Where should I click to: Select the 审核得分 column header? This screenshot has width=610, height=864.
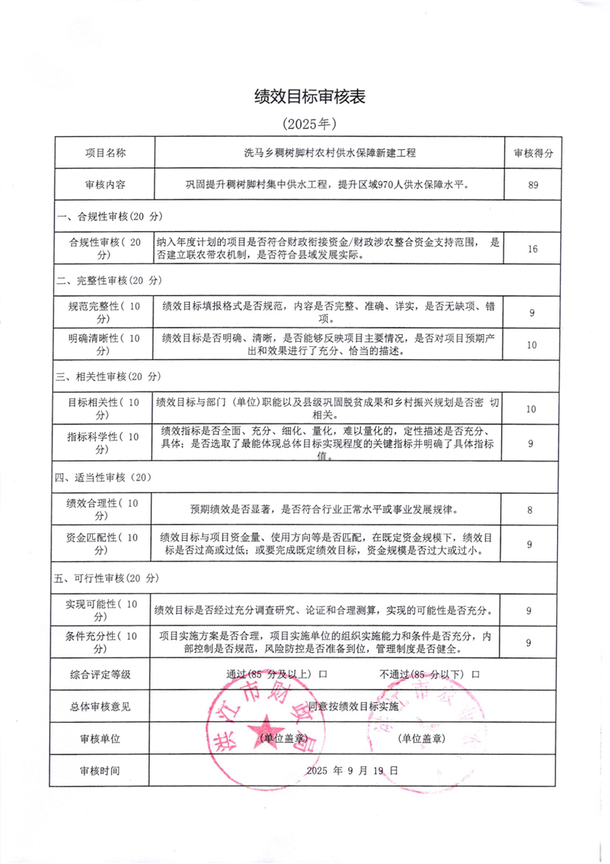click(532, 153)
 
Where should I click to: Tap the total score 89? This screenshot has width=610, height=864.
click(532, 184)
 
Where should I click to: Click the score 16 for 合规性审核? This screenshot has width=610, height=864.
click(532, 249)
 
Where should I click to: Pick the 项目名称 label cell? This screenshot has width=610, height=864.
click(105, 153)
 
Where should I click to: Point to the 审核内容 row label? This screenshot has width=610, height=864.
click(105, 184)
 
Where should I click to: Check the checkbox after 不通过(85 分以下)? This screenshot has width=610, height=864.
click(476, 674)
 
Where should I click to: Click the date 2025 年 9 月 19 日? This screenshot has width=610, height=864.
click(352, 770)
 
